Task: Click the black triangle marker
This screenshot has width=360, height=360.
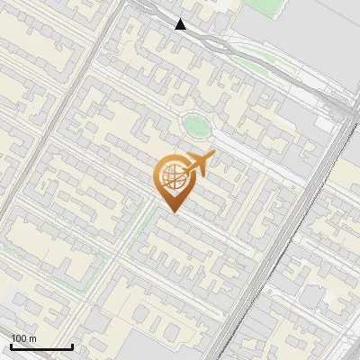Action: tap(181, 24)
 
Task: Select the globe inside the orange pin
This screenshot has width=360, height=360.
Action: tap(173, 178)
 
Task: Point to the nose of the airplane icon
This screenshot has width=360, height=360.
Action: tap(212, 154)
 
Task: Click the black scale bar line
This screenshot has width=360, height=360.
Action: tap(41, 346)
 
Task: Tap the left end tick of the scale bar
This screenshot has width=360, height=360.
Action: tap(11, 345)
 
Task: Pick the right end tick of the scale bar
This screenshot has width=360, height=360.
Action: tap(72, 345)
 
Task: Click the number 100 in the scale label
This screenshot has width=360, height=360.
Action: tap(19, 338)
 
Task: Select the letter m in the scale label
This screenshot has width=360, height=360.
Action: tap(32, 339)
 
